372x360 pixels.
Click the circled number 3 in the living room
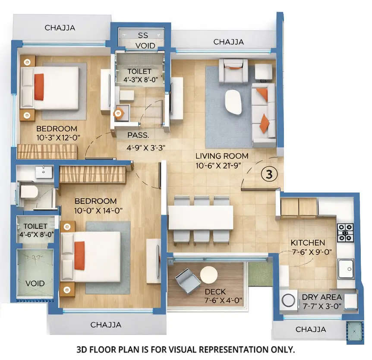click(x=268, y=174)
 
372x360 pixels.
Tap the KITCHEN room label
click(x=308, y=243)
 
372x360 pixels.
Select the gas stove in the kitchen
click(x=345, y=232)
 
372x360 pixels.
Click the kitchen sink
click(x=345, y=268)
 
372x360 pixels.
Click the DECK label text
click(x=215, y=292)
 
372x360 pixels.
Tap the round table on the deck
click(x=209, y=275)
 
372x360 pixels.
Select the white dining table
click(x=200, y=217)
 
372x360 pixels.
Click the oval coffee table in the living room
click(x=233, y=102)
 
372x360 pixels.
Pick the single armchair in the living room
click(x=233, y=70)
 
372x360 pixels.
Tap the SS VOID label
click(x=142, y=40)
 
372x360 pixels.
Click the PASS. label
click(x=138, y=135)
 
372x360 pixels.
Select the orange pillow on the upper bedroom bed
click(x=39, y=87)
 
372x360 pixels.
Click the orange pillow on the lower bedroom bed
click(x=79, y=256)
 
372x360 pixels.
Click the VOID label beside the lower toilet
click(x=35, y=284)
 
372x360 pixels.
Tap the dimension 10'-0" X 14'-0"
click(x=95, y=210)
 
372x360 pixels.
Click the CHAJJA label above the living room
click(x=228, y=42)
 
